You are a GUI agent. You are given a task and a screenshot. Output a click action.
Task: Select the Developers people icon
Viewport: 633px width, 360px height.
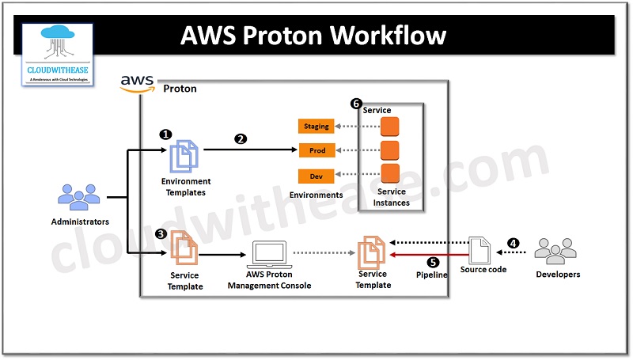pyautogui.click(x=557, y=251)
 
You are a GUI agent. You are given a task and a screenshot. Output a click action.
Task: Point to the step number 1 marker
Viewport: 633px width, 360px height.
pyautogui.click(x=165, y=135)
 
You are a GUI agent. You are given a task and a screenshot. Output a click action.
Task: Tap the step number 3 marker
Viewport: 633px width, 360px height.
pyautogui.click(x=161, y=234)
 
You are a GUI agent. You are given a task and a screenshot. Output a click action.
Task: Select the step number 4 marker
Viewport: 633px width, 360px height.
pyautogui.click(x=513, y=243)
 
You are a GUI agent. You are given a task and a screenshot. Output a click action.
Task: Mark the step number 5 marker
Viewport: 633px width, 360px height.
pyautogui.click(x=433, y=262)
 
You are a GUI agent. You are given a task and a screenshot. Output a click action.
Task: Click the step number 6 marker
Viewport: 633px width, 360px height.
pyautogui.click(x=356, y=104)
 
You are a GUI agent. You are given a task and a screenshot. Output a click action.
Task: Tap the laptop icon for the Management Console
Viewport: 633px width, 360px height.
pyautogui.click(x=269, y=255)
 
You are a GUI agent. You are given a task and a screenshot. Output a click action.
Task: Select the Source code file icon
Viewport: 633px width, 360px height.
pyautogui.click(x=480, y=250)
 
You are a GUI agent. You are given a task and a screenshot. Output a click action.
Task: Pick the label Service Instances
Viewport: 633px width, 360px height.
pyautogui.click(x=392, y=197)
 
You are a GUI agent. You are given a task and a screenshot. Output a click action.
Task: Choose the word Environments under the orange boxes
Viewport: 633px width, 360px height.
pyautogui.click(x=316, y=195)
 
